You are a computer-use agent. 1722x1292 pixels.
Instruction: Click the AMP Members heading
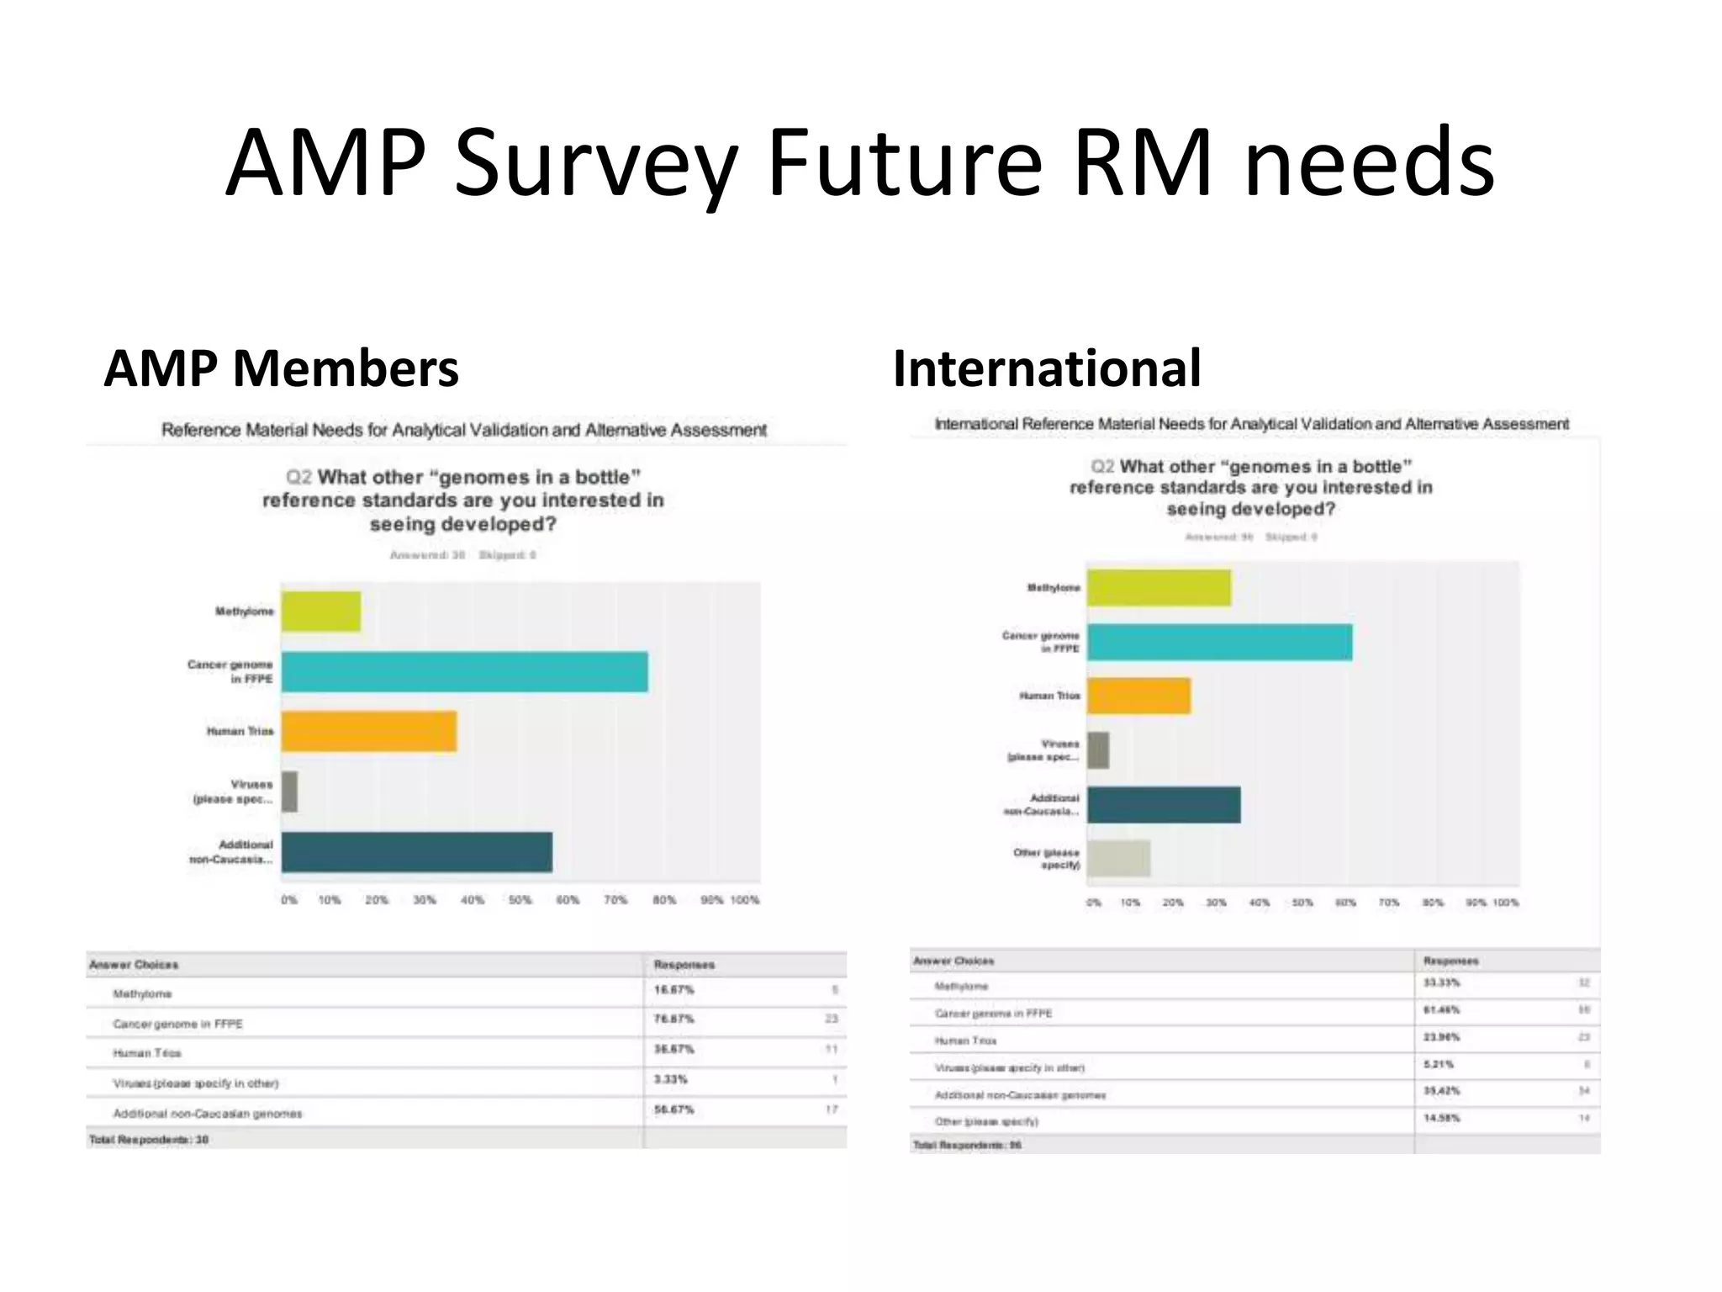pos(281,368)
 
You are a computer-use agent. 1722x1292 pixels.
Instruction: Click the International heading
pos(1047,368)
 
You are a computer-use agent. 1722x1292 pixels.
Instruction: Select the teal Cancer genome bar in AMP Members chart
pos(464,671)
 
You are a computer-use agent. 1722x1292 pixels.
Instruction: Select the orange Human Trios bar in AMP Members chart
pos(368,731)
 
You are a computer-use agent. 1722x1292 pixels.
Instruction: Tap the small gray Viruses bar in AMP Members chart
pos(289,792)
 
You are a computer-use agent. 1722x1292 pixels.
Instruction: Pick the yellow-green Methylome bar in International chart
pos(1159,587)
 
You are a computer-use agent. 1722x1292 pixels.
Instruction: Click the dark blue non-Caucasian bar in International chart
pos(1163,805)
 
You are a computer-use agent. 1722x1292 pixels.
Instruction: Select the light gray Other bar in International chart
pos(1118,858)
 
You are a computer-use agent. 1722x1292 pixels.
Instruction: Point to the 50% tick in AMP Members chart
pos(520,900)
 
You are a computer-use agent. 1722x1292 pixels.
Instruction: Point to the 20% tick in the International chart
pos(1173,903)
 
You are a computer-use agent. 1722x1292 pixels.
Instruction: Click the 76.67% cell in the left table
pos(673,1019)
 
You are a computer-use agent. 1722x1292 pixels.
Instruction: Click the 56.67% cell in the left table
pos(673,1109)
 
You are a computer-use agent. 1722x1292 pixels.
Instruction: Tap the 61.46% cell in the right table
pos(1441,1009)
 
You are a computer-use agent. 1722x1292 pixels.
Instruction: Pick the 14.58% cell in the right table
pos(1441,1118)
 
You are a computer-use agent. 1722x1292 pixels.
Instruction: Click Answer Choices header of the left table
pos(134,965)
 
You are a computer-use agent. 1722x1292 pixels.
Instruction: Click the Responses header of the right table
pos(1450,961)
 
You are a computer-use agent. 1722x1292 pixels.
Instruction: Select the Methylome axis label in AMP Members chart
pos(244,612)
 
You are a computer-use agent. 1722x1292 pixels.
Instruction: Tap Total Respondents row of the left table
pos(149,1140)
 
